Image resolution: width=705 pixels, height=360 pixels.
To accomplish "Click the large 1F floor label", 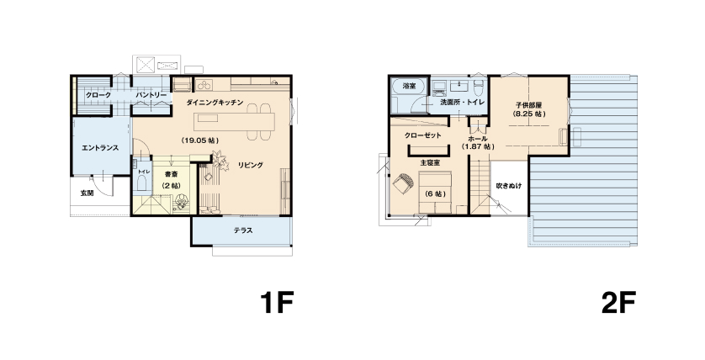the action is (277, 303).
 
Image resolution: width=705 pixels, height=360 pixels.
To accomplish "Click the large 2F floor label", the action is (618, 303).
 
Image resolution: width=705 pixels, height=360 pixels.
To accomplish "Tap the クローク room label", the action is (98, 95).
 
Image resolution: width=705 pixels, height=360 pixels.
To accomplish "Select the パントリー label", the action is (151, 95).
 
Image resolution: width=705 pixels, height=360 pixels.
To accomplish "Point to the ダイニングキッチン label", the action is (215, 103).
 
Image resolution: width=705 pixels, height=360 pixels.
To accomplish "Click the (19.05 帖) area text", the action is (200, 140).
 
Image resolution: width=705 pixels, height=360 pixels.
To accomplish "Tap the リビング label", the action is (251, 165).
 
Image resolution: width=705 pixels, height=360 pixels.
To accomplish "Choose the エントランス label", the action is (100, 147).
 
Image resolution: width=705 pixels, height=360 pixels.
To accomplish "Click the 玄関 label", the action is (87, 193).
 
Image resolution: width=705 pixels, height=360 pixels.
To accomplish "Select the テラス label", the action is (243, 230).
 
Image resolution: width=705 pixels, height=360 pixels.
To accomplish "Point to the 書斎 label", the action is (171, 174).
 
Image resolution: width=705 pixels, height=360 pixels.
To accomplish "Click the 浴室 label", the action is (409, 86).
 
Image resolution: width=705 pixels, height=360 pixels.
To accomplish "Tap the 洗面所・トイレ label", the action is (462, 102).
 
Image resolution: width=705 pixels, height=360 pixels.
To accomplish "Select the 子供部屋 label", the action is (528, 105).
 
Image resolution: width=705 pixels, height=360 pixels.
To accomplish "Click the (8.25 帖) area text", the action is (528, 114).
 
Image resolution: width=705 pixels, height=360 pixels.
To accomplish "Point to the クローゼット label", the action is (422, 135).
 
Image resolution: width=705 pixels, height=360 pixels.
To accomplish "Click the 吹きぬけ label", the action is (509, 185).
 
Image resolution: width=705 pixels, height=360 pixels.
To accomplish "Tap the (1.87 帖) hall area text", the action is (478, 147).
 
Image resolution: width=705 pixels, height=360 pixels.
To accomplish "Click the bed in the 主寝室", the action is (435, 193).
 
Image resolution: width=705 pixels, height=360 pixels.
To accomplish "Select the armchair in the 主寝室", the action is (402, 184).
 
